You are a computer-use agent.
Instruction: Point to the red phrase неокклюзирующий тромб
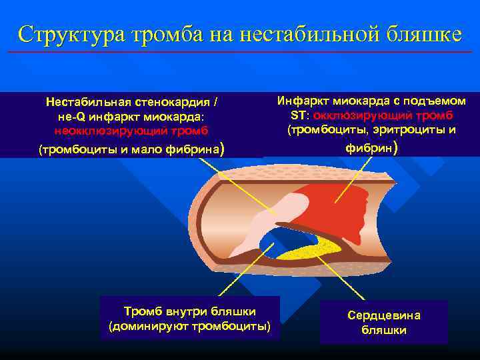131,131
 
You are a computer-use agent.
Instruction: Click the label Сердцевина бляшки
383,323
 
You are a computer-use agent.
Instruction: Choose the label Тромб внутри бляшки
190,311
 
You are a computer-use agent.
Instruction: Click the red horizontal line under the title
240,51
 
